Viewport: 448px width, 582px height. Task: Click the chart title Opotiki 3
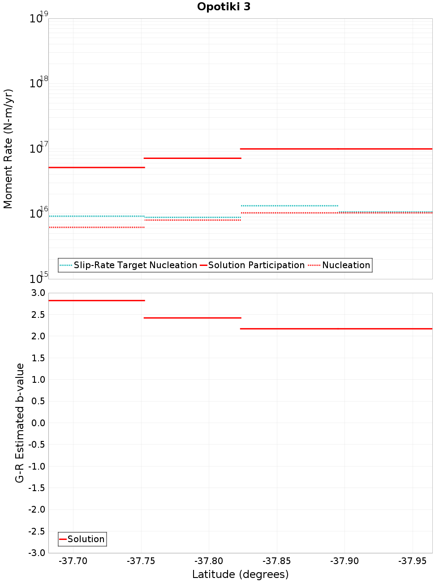[x=224, y=7]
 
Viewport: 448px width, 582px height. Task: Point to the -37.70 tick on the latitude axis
[x=73, y=561]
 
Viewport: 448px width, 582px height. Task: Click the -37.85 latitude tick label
[x=277, y=561]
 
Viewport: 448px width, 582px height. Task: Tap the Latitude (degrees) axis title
[x=240, y=574]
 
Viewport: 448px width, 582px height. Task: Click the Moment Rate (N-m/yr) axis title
[x=8, y=149]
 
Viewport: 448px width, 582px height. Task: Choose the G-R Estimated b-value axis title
[x=20, y=423]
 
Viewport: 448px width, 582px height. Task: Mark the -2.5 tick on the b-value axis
[x=38, y=531]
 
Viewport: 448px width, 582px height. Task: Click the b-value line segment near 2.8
[x=96, y=300]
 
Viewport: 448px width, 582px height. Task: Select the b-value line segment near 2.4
[x=192, y=318]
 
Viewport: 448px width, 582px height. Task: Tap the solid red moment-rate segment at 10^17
[x=336, y=149]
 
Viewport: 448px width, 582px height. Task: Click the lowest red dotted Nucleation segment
[x=96, y=227]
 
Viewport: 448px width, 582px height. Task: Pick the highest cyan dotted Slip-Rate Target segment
[x=289, y=205]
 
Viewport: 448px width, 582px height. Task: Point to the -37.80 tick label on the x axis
[x=209, y=561]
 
